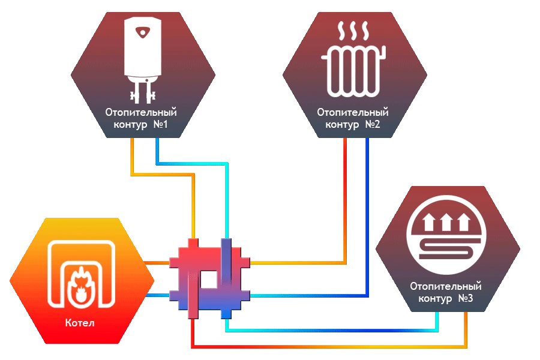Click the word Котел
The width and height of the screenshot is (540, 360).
pos(80,323)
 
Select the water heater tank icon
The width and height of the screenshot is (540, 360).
pos(143,60)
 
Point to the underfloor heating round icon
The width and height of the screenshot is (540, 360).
pos(446,235)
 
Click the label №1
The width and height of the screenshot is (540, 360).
pos(160,124)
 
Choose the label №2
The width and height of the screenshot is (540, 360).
pos(372,124)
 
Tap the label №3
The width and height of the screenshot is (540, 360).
pos(465,298)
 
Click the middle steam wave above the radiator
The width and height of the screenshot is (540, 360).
pos(353,31)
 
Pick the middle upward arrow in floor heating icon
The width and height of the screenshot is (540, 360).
pos(446,222)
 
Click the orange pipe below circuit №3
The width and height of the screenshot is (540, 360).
pos(329,347)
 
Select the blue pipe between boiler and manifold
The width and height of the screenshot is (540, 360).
pos(157,295)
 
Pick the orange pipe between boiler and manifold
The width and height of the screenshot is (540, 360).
pos(157,263)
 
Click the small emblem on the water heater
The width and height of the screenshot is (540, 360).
pos(143,32)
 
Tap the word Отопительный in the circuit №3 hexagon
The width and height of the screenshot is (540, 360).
pos(446,286)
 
